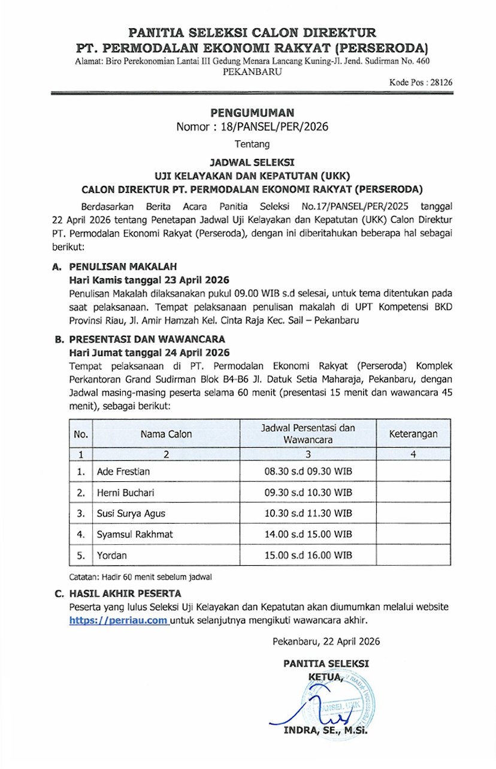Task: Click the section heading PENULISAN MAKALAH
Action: click(x=123, y=267)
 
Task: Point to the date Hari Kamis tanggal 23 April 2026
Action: click(x=149, y=280)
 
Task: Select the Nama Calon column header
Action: click(x=167, y=433)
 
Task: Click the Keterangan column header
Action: click(x=413, y=433)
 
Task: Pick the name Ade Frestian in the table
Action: click(x=123, y=472)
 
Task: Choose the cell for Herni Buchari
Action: click(x=125, y=493)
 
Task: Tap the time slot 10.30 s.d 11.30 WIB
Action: click(x=308, y=514)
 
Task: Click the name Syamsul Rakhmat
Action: click(x=132, y=535)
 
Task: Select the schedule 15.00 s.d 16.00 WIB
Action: click(x=308, y=556)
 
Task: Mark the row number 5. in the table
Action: click(x=81, y=556)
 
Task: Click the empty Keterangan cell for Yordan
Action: click(x=413, y=556)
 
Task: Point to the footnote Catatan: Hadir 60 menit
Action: click(x=141, y=577)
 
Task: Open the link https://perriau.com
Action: click(x=119, y=621)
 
